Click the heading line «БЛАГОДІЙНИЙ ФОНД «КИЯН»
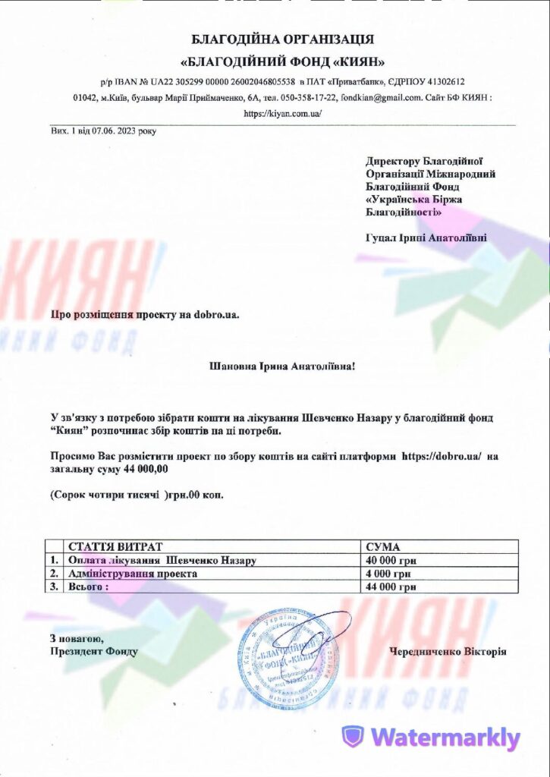tap(283, 61)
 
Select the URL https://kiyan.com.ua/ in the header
tap(283, 113)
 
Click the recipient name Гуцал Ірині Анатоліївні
tap(426, 238)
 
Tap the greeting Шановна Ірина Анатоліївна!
tap(281, 366)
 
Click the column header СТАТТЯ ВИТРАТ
tap(115, 546)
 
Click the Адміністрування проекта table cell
tap(133, 574)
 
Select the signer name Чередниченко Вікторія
tap(447, 651)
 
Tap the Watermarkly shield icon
tap(353, 737)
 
